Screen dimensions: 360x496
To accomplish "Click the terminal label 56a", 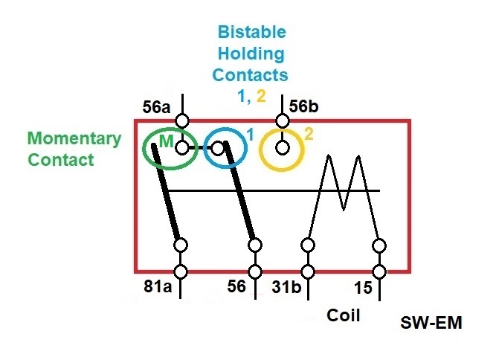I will [x=156, y=108].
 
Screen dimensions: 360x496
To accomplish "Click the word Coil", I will [x=344, y=315].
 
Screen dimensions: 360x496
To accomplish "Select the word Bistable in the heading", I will [x=251, y=33].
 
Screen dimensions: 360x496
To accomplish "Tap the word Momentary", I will [x=74, y=139].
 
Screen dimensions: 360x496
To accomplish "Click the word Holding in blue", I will [x=251, y=54].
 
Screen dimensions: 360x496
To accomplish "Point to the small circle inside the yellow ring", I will [x=282, y=148].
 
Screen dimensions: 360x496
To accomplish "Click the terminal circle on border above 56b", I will [x=282, y=120].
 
